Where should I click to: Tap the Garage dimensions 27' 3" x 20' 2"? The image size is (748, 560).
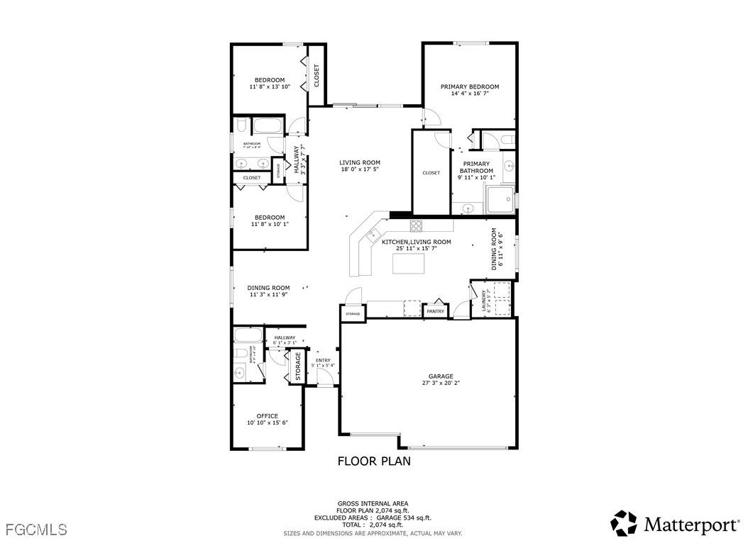440,383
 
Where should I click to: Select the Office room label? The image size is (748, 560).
268,416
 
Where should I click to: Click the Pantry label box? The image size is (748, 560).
435,311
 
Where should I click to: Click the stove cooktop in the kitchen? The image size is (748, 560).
417,226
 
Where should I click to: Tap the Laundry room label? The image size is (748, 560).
485,301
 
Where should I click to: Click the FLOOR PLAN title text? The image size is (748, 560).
373,461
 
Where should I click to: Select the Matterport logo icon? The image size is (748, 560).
625,523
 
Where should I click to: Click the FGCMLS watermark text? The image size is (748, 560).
36,530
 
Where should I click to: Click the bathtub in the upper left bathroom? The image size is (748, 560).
268,127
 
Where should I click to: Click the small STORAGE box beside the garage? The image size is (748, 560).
353,313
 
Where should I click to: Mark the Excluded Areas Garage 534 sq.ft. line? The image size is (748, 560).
373,518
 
